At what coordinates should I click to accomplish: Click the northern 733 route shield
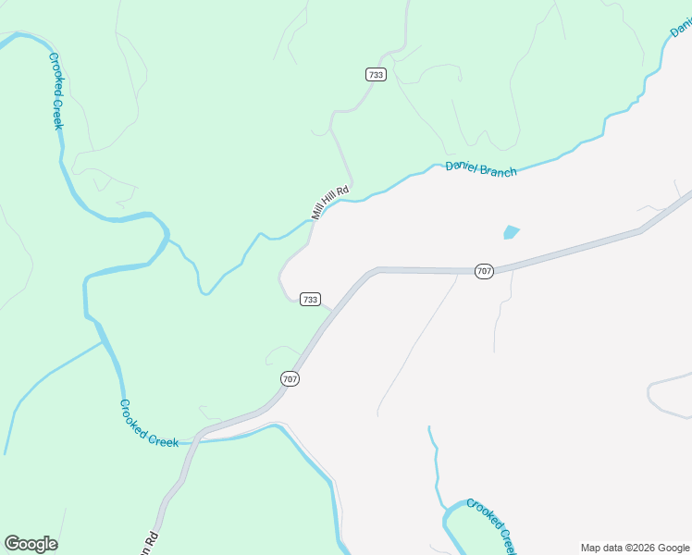(x=376, y=74)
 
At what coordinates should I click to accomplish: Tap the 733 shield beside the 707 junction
(x=310, y=299)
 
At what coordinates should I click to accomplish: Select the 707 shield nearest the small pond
(x=484, y=271)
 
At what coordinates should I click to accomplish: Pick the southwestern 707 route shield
(x=290, y=378)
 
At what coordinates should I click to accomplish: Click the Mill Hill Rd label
(x=330, y=203)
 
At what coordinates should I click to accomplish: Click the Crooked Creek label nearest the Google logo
(x=149, y=424)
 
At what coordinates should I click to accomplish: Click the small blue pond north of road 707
(x=511, y=231)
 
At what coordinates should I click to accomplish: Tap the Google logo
(x=31, y=544)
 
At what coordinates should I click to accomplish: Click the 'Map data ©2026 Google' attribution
(x=635, y=548)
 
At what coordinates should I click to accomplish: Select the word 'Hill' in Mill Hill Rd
(x=330, y=203)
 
